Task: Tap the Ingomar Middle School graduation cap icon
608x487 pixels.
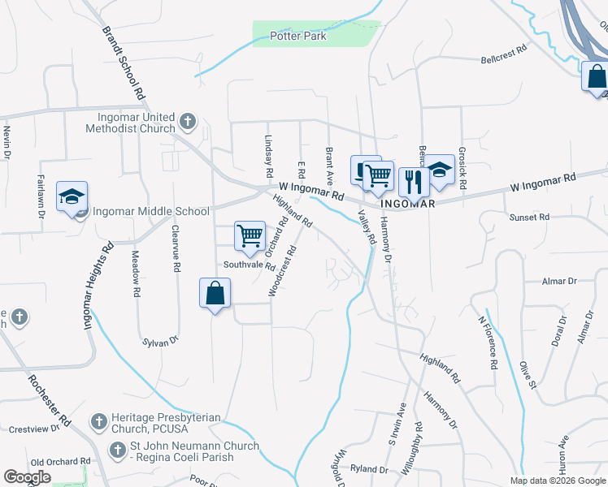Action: tap(72, 196)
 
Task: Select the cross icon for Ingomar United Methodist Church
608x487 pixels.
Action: tap(188, 122)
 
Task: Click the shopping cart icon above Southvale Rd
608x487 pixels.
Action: tap(250, 235)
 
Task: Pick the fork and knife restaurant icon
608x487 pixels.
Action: tap(414, 181)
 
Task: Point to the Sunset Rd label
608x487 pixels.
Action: tap(529, 218)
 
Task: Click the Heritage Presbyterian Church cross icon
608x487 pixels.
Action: tap(98, 422)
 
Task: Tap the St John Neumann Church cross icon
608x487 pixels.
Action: tap(118, 447)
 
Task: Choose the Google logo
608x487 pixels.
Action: tap(27, 477)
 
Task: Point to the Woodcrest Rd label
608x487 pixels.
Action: tap(280, 270)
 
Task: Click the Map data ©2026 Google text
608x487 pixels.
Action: tap(557, 481)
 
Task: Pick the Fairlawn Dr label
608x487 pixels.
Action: tap(39, 196)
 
